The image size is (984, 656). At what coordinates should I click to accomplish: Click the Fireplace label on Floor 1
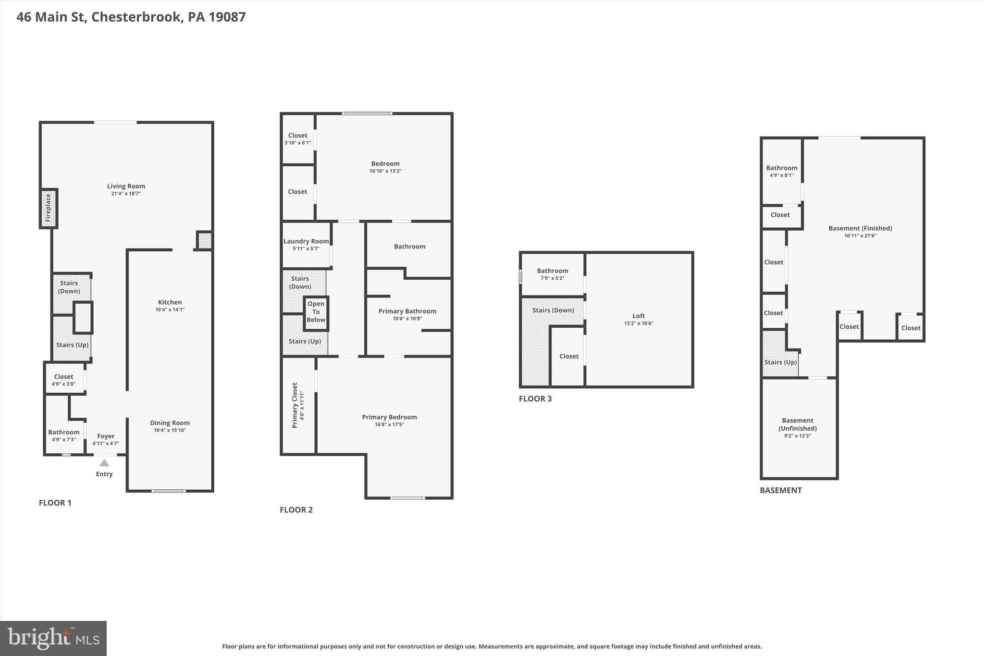[48, 208]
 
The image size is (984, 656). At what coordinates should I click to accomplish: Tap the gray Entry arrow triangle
[104, 463]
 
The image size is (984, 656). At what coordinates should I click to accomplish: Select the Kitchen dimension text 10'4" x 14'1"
[170, 310]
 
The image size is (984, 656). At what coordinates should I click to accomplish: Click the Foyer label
[106, 436]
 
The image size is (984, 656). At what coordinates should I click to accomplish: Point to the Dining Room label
[170, 423]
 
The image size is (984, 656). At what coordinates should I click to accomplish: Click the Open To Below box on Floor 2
[316, 312]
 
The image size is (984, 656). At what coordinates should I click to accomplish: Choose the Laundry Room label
[306, 241]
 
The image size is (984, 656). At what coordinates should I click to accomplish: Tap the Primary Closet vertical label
[295, 405]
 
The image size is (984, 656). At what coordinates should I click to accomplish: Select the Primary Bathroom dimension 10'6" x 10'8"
[407, 319]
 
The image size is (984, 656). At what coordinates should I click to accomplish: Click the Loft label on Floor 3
[639, 316]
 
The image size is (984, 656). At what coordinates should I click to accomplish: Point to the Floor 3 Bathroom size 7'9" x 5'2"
[553, 278]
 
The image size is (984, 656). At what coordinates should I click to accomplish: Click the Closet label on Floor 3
[569, 356]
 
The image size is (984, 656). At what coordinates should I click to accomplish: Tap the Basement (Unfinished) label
[798, 424]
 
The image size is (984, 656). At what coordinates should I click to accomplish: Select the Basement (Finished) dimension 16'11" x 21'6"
[860, 236]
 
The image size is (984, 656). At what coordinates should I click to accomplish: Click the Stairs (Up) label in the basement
[780, 362]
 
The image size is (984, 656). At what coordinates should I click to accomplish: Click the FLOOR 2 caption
[296, 510]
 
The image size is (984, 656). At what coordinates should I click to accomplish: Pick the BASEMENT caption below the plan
[780, 490]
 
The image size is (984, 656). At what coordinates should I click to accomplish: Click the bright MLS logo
[53, 638]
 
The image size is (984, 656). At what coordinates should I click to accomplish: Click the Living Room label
[126, 186]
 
